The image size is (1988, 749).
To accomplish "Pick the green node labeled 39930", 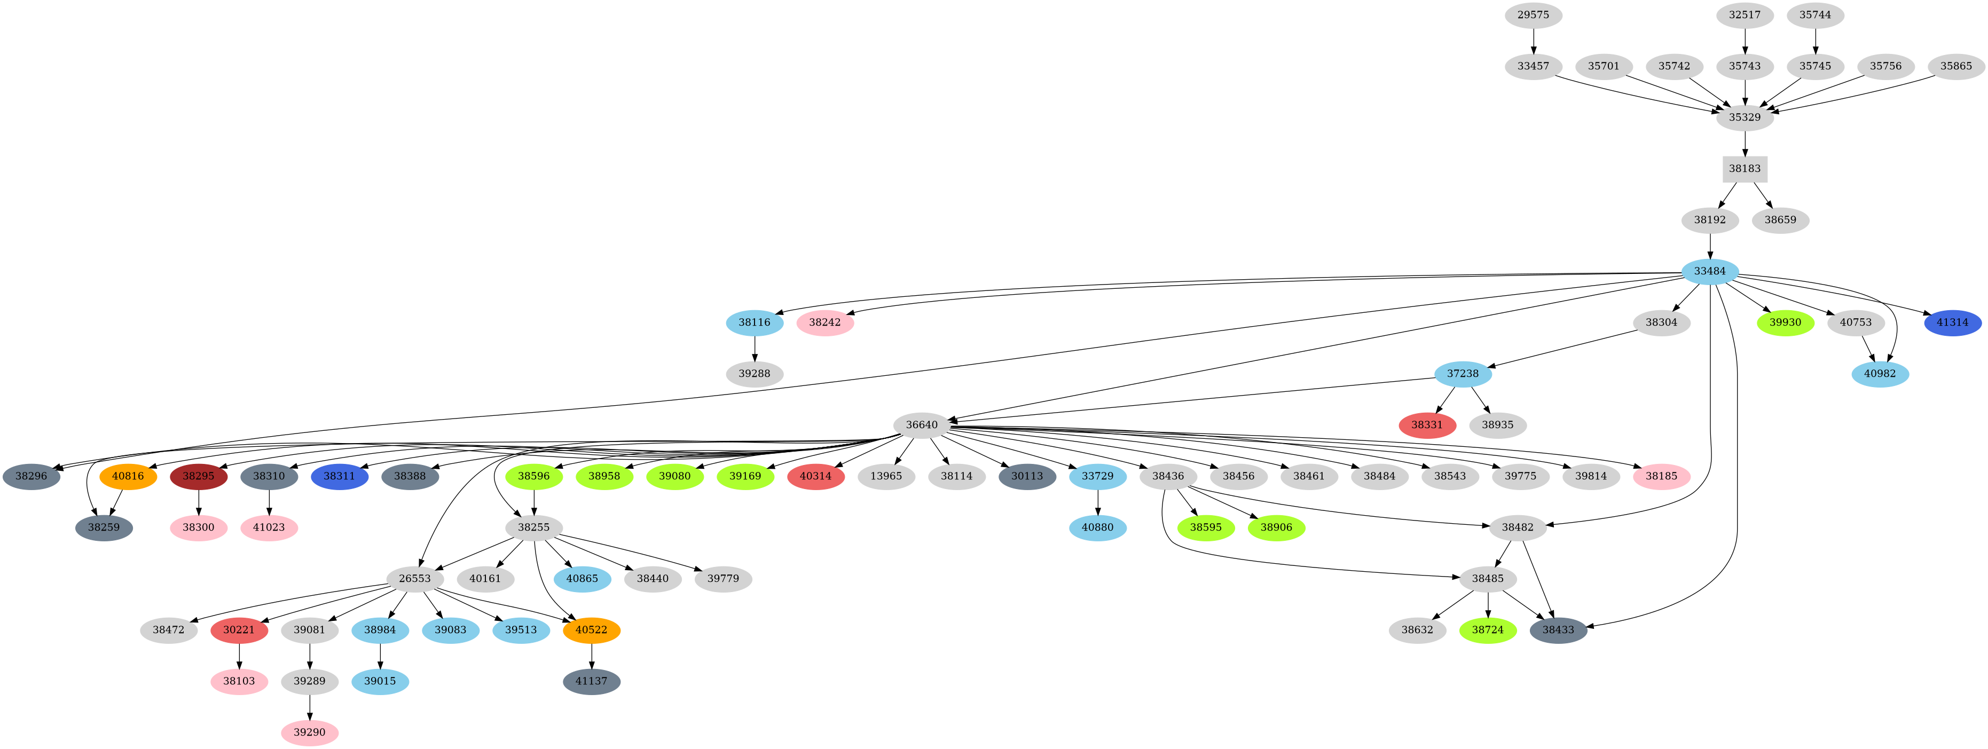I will click(1785, 322).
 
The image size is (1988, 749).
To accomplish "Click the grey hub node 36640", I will click(922, 425).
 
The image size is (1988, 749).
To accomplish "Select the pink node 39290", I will click(310, 732).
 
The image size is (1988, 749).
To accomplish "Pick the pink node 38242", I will click(824, 322).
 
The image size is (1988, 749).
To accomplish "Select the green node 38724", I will click(1487, 630).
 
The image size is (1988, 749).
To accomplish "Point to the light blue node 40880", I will click(1097, 527).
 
